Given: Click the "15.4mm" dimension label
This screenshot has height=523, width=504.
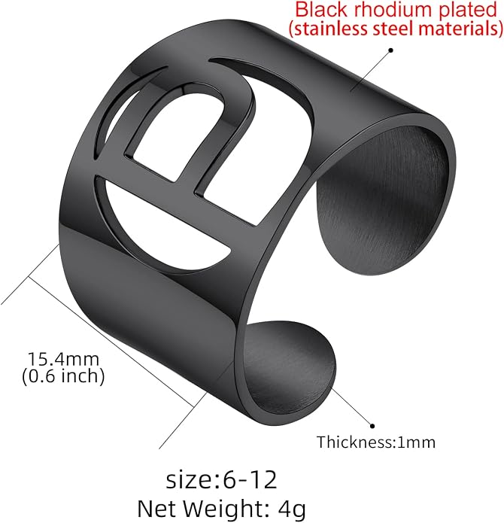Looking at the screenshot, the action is click(x=63, y=359).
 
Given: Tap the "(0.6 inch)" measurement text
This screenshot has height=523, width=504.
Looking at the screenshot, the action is click(x=63, y=376).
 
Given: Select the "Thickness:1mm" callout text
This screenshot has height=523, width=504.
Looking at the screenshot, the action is click(x=376, y=442).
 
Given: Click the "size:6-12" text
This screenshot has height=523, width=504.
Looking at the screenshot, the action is click(x=222, y=479).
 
